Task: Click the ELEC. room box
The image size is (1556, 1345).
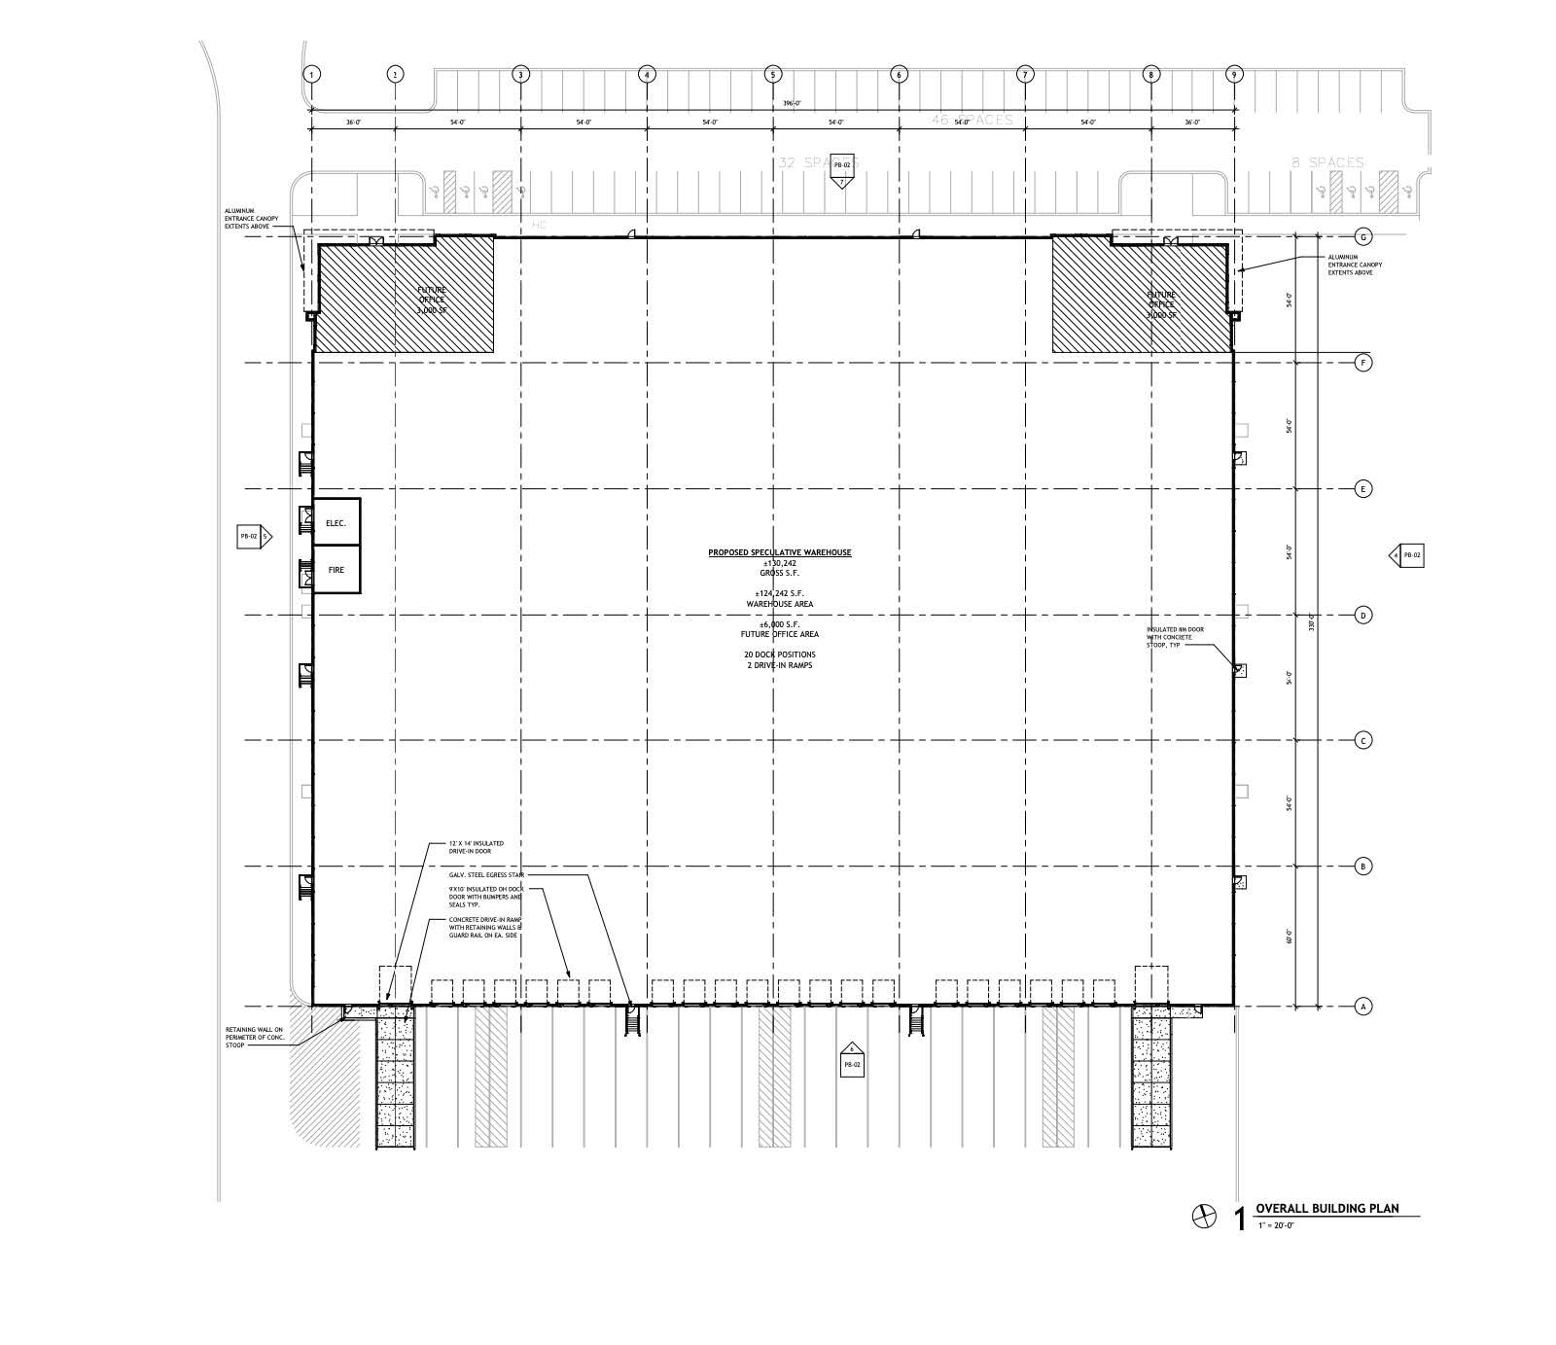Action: (336, 522)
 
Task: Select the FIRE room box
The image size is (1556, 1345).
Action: (336, 570)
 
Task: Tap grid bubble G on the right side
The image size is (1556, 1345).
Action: (1363, 237)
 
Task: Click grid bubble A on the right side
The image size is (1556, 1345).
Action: (1363, 1007)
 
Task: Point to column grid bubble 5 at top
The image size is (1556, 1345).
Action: (773, 74)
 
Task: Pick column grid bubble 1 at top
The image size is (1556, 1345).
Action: (311, 74)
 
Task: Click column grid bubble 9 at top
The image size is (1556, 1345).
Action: (1234, 74)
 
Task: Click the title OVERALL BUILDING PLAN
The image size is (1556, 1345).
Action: (1326, 1209)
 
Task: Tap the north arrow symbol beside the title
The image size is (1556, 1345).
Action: (1204, 1216)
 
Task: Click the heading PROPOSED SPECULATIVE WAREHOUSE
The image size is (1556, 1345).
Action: (779, 552)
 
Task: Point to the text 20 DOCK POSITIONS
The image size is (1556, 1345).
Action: (779, 655)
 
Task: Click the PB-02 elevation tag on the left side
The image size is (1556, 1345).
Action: (253, 536)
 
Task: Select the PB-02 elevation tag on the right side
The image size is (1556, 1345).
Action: (1408, 555)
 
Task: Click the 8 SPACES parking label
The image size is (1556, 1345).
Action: (1327, 162)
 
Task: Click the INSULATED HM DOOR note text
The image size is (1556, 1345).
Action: (1175, 639)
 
